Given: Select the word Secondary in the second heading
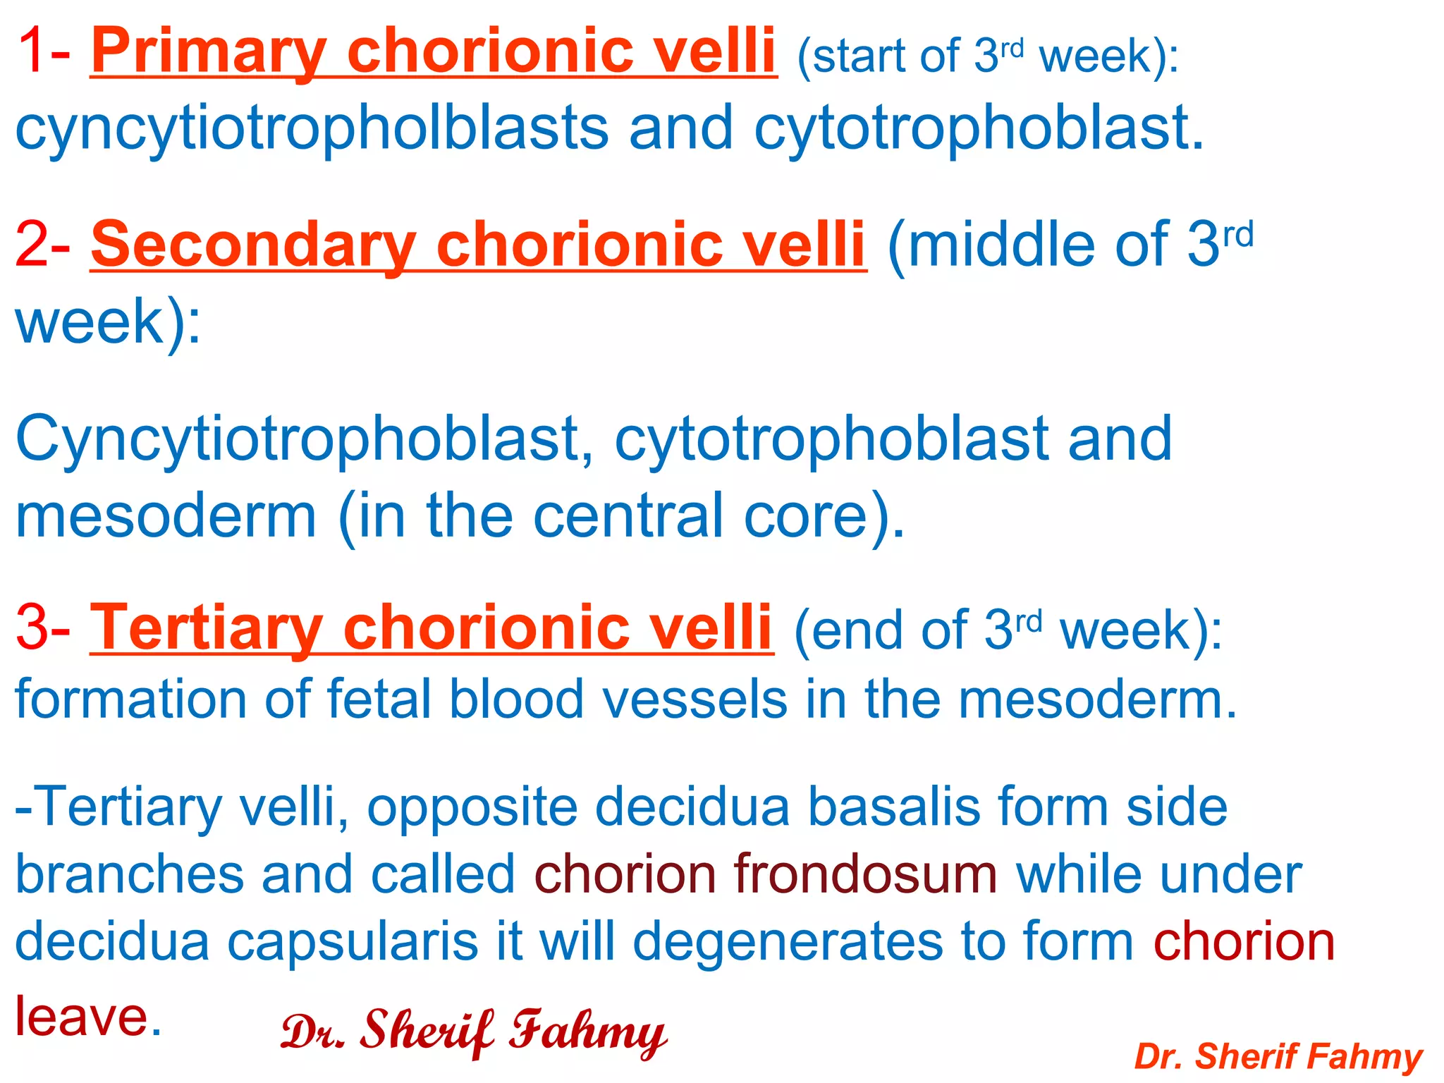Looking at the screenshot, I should click(x=254, y=245).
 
